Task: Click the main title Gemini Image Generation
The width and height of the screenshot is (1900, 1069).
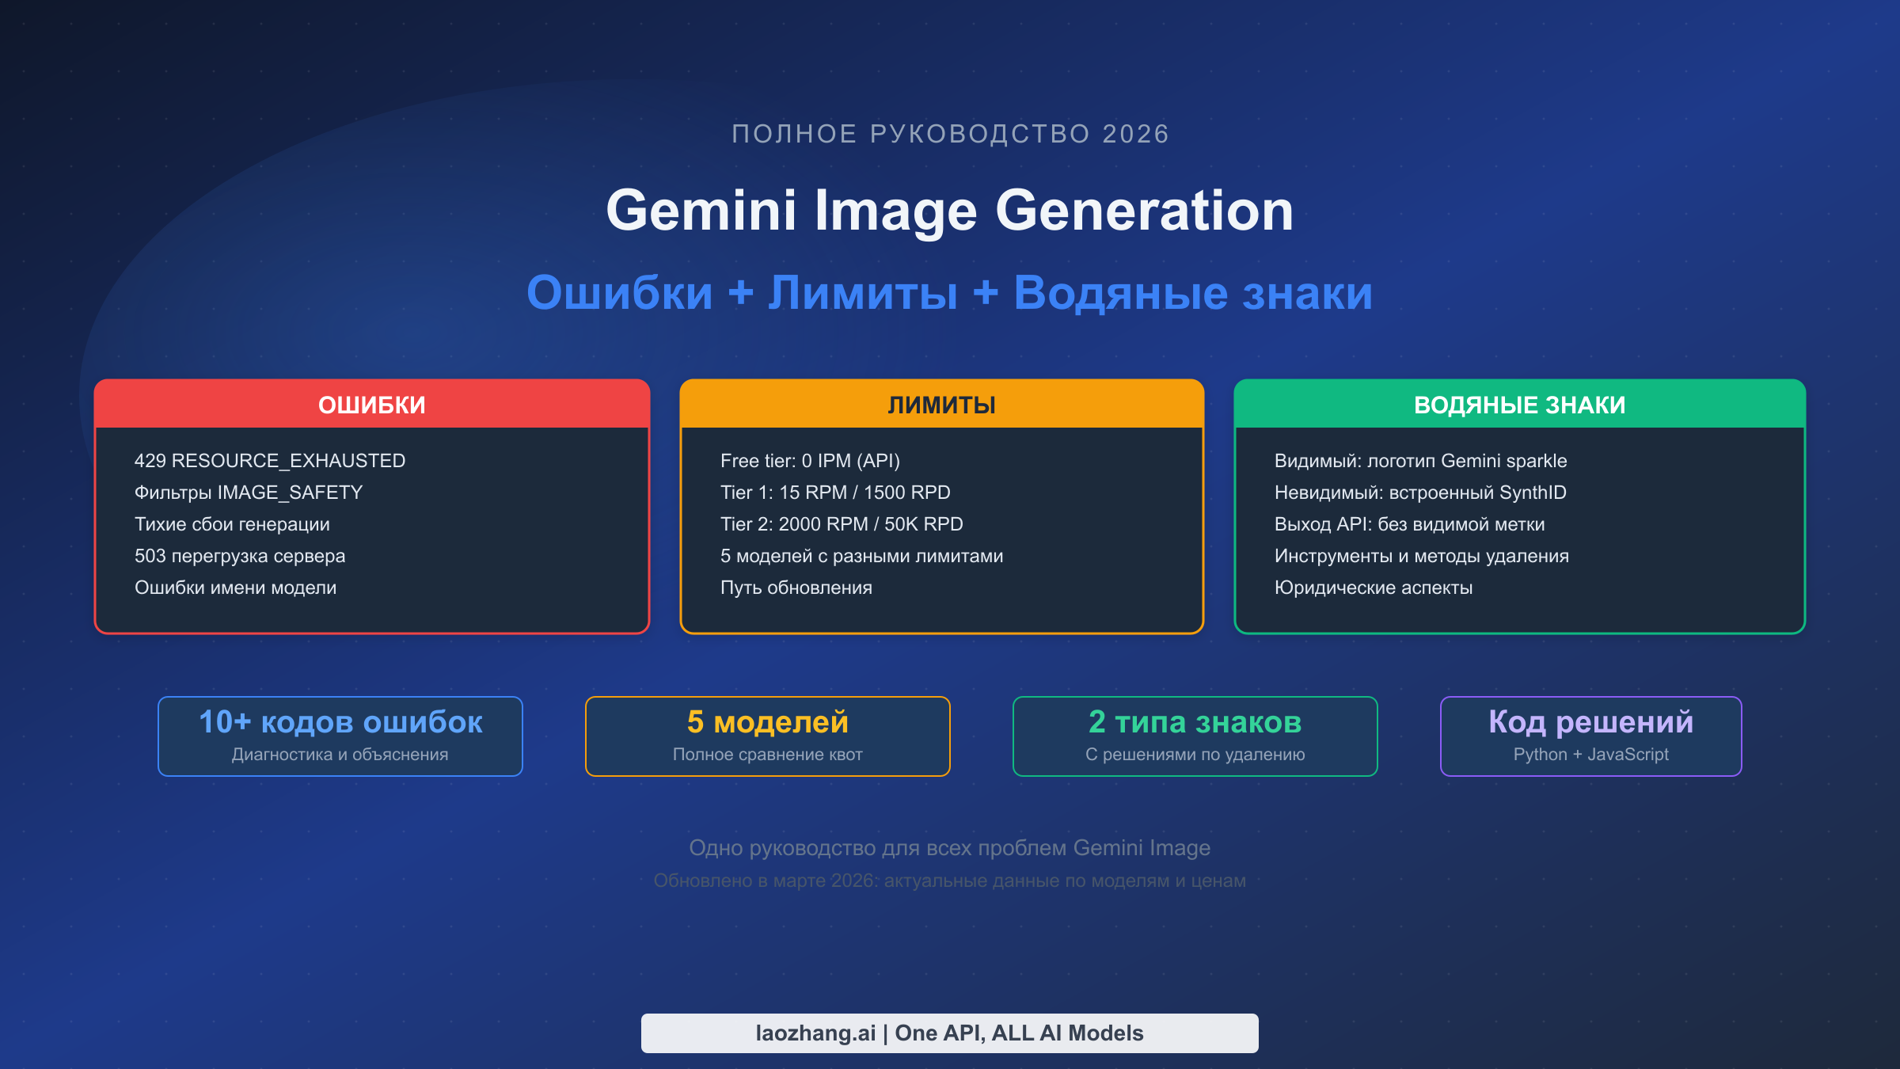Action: pos(949,211)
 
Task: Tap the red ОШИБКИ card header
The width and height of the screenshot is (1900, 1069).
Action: pos(371,405)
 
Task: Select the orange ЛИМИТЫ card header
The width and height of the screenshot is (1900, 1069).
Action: pos(941,405)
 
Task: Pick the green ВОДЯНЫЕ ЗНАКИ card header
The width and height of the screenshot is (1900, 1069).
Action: pos(1519,405)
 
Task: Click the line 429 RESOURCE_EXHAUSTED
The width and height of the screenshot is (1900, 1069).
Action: pos(269,461)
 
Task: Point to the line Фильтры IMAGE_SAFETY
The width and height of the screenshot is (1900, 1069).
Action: pos(248,493)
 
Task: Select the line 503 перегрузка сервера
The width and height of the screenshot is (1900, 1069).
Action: pos(239,556)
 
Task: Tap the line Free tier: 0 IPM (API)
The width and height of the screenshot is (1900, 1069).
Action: pos(810,461)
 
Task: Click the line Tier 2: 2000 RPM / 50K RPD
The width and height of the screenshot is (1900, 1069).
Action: pos(841,524)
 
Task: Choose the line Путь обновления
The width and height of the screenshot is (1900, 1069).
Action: pos(796,588)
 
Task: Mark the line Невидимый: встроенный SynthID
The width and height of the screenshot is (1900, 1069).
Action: pos(1419,493)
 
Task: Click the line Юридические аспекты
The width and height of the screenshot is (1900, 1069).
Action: pos(1373,588)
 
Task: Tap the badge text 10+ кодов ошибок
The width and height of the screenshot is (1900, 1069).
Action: pos(340,722)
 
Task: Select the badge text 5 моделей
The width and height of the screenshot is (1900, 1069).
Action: pos(767,722)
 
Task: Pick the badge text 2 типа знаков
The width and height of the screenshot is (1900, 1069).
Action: pos(1195,722)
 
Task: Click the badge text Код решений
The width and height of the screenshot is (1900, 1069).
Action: pos(1590,722)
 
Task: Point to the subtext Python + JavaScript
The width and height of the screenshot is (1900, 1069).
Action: pos(1590,755)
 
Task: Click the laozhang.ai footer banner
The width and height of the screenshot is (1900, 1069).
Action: pos(949,1033)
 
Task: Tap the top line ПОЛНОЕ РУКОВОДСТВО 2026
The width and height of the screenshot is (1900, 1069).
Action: pos(949,134)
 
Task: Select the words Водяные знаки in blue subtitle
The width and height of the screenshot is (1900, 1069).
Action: pos(1192,293)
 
